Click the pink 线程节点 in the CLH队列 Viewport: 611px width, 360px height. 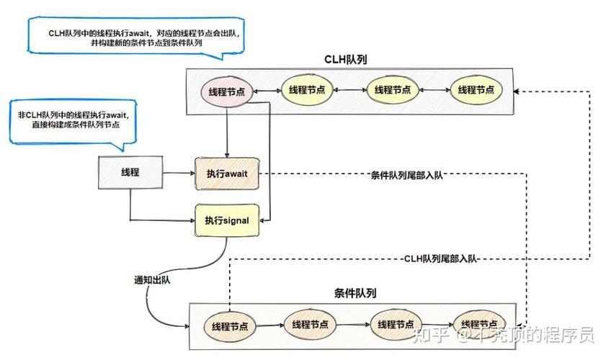(x=227, y=91)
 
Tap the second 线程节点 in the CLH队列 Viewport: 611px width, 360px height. (x=308, y=90)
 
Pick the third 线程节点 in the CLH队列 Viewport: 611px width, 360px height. (x=393, y=90)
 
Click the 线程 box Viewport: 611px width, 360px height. (x=130, y=173)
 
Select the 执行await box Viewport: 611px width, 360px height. (x=227, y=174)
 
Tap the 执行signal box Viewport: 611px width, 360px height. (x=226, y=220)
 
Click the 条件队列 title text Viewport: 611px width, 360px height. (x=354, y=293)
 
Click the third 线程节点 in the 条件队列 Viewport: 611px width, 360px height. (x=397, y=324)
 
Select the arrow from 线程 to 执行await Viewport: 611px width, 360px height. (x=179, y=174)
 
